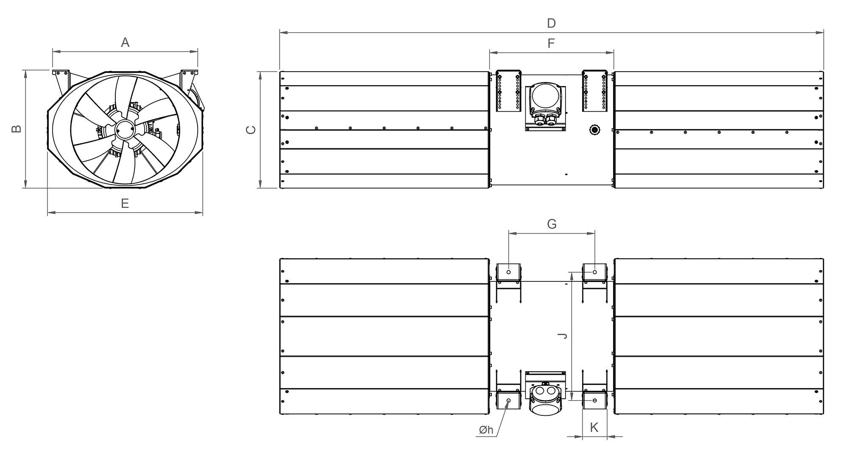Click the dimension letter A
[x=125, y=42]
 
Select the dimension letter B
[x=17, y=129]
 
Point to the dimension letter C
[x=251, y=130]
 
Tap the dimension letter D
[x=551, y=23]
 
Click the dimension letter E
[x=125, y=204]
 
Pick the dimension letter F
[x=551, y=43]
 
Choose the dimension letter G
[x=552, y=224]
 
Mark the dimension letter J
[x=563, y=336]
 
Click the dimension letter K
[x=594, y=427]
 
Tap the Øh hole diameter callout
[x=486, y=430]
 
